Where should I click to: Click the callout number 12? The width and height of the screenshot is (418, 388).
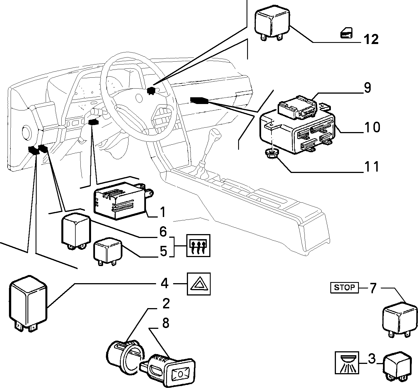[371, 39]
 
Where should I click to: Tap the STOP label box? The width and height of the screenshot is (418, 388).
[344, 288]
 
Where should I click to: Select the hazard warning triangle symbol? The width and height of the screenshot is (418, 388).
[198, 284]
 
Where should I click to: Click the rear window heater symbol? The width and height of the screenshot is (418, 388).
[198, 246]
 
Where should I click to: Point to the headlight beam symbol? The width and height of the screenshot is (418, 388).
[347, 363]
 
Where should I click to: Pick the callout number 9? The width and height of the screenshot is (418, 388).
[368, 88]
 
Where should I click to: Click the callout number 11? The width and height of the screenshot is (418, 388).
[372, 167]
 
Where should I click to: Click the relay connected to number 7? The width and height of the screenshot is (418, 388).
[400, 320]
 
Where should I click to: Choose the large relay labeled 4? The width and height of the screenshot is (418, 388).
[28, 304]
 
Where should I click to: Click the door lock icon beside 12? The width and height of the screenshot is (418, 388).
[347, 33]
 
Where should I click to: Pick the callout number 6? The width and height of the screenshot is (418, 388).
[163, 232]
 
